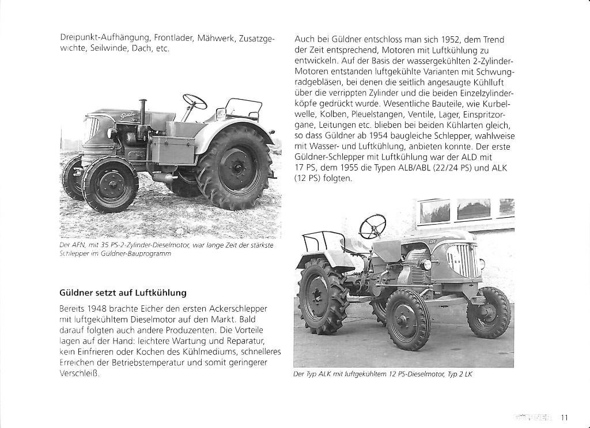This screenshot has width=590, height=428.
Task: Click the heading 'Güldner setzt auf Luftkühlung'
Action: click(123, 292)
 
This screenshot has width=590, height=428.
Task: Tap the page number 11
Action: click(565, 418)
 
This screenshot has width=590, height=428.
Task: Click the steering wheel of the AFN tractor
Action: click(195, 101)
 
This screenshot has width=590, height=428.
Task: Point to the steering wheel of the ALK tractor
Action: click(373, 226)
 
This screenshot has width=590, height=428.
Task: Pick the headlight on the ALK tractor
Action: click(426, 264)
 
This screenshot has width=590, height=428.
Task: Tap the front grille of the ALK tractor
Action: click(463, 260)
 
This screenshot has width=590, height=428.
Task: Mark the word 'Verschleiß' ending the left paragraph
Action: click(80, 373)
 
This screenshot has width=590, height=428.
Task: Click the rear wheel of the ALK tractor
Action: click(323, 295)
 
